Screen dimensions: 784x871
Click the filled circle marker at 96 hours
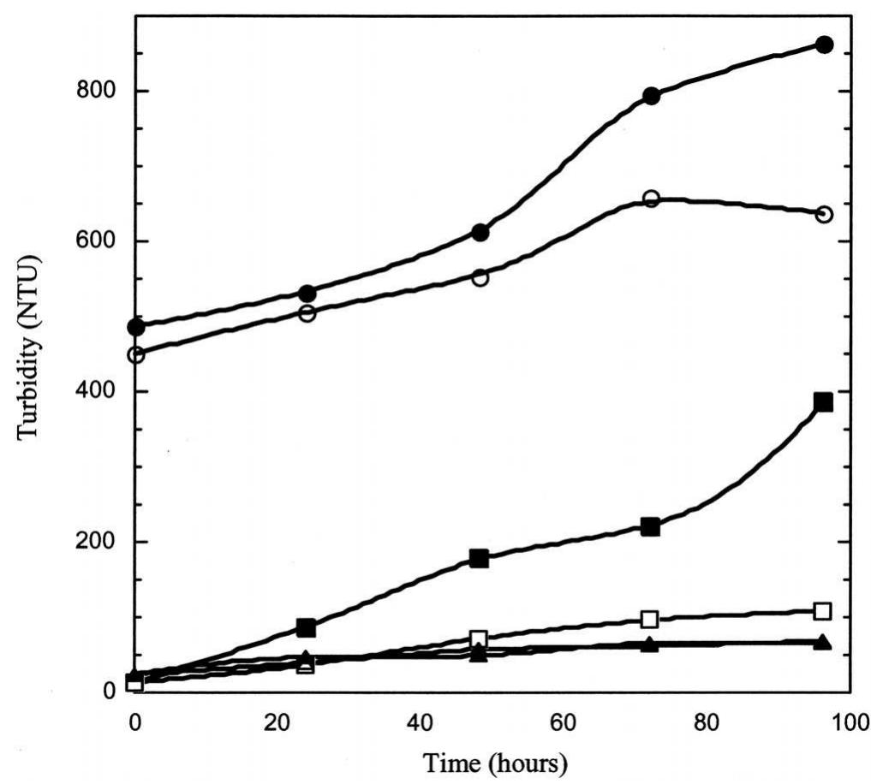pos(824,45)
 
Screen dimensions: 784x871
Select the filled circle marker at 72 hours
pos(651,96)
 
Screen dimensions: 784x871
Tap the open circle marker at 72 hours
pos(651,199)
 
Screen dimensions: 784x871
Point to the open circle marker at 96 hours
pos(824,214)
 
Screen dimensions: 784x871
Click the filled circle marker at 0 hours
pos(135,327)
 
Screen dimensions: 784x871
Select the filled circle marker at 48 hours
pos(480,232)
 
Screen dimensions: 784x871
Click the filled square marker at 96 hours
pos(824,402)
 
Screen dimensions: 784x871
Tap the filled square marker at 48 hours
pos(479,559)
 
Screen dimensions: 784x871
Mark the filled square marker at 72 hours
pos(651,526)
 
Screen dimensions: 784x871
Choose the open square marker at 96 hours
pos(823,610)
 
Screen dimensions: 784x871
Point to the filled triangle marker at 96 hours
pos(823,641)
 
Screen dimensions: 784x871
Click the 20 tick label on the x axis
pos(277,722)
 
